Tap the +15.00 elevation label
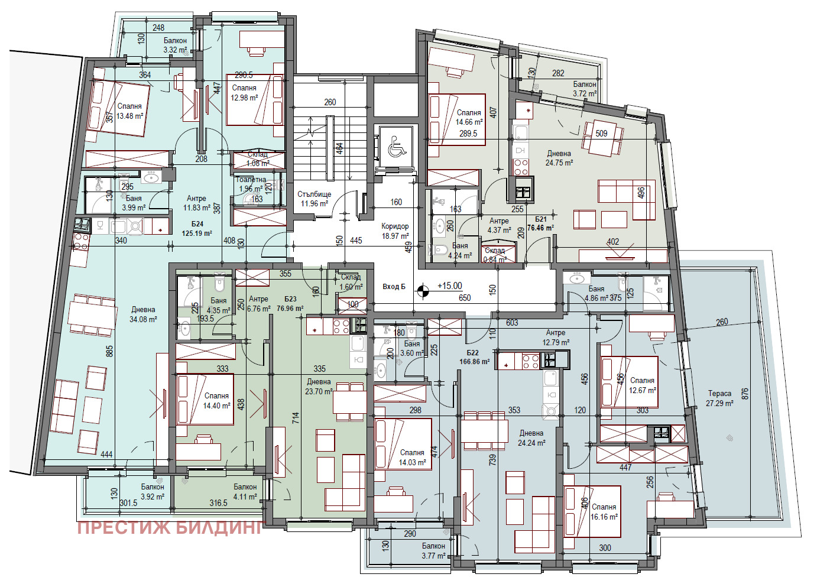(x=449, y=286)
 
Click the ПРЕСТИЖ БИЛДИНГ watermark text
(x=170, y=527)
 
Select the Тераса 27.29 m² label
(x=719, y=398)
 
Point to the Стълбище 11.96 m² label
(x=314, y=199)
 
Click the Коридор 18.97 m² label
(x=395, y=231)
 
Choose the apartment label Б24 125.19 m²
(x=197, y=229)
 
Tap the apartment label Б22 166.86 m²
(x=474, y=357)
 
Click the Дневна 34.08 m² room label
(x=143, y=314)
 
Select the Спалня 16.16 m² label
(x=604, y=512)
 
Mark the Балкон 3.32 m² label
(x=175, y=46)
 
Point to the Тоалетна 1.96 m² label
(x=251, y=184)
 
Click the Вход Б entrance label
(x=394, y=287)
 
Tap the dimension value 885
(x=110, y=351)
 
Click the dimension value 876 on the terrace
(x=744, y=394)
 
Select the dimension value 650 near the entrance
(x=465, y=298)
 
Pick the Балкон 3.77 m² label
(x=433, y=551)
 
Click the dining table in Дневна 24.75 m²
(x=602, y=138)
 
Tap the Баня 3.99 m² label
(x=134, y=203)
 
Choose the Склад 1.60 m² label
(x=351, y=282)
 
